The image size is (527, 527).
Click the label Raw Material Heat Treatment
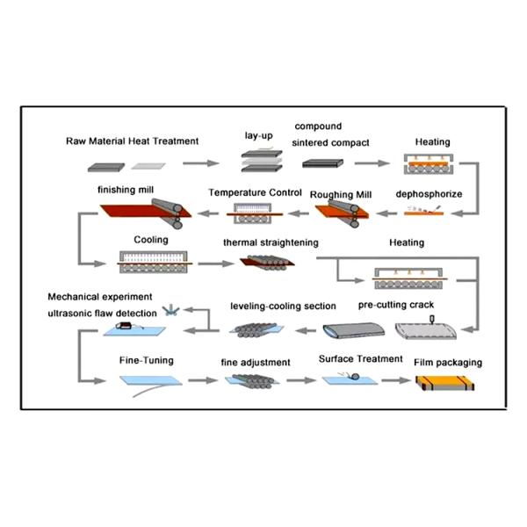133,141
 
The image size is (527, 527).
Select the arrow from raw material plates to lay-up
201,163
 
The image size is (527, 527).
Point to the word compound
318,126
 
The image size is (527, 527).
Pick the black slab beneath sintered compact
323,163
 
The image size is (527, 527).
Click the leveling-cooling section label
283,306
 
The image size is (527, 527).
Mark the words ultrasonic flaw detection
103,312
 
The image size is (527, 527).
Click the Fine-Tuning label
142,360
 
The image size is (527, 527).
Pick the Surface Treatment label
360,359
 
